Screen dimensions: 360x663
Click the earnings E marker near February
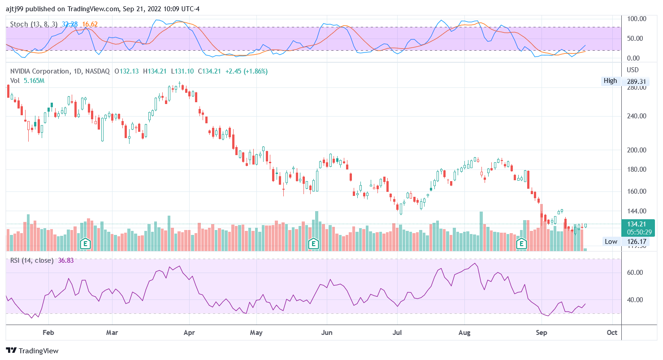click(86, 244)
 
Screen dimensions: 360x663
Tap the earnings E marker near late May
click(314, 244)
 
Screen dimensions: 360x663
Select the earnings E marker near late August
click(521, 244)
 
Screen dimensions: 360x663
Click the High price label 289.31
click(636, 81)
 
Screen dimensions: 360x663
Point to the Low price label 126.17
click(636, 241)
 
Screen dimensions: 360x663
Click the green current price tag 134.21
click(637, 224)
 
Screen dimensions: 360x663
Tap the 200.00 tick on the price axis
click(637, 150)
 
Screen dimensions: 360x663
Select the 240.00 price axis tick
click(637, 116)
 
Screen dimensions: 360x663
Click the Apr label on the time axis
click(189, 333)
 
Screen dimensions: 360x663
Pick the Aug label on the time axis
click(464, 333)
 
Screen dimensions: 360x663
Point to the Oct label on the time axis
click(612, 333)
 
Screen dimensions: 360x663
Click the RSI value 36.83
click(66, 260)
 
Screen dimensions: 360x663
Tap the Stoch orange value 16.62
click(90, 24)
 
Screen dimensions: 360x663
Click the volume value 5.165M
click(34, 81)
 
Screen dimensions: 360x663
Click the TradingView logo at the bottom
click(32, 351)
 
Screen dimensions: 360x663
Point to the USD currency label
click(633, 70)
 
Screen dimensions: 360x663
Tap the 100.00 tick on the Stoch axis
click(637, 19)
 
